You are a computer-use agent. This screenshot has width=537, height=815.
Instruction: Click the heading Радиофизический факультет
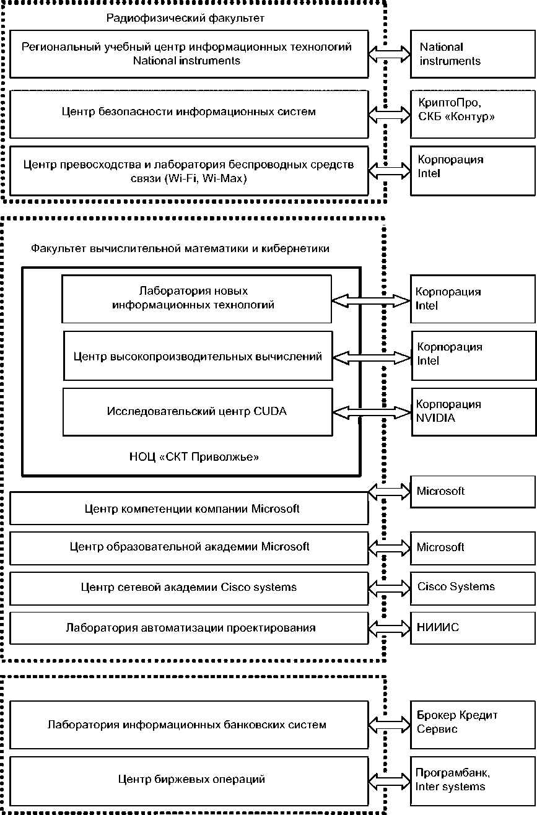click(185, 19)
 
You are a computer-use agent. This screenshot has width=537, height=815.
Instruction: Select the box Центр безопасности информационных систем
click(189, 113)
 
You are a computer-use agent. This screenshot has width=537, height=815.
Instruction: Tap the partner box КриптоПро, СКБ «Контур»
click(473, 113)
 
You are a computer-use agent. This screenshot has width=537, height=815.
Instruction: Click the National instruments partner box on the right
click(473, 54)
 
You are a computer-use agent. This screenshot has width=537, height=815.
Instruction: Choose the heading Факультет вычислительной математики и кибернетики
click(180, 249)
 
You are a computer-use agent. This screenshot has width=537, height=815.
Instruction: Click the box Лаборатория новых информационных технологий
click(196, 299)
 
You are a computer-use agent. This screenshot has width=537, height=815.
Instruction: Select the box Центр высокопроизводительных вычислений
click(198, 357)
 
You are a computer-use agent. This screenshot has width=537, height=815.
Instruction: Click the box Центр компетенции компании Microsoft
click(189, 509)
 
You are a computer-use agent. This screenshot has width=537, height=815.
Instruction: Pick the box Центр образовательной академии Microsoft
click(189, 547)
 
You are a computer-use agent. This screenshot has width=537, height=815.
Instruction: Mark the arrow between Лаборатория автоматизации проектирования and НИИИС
click(390, 628)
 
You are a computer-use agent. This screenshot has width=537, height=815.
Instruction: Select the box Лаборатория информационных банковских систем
click(189, 725)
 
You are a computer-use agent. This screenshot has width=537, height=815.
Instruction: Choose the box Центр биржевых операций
click(189, 779)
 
